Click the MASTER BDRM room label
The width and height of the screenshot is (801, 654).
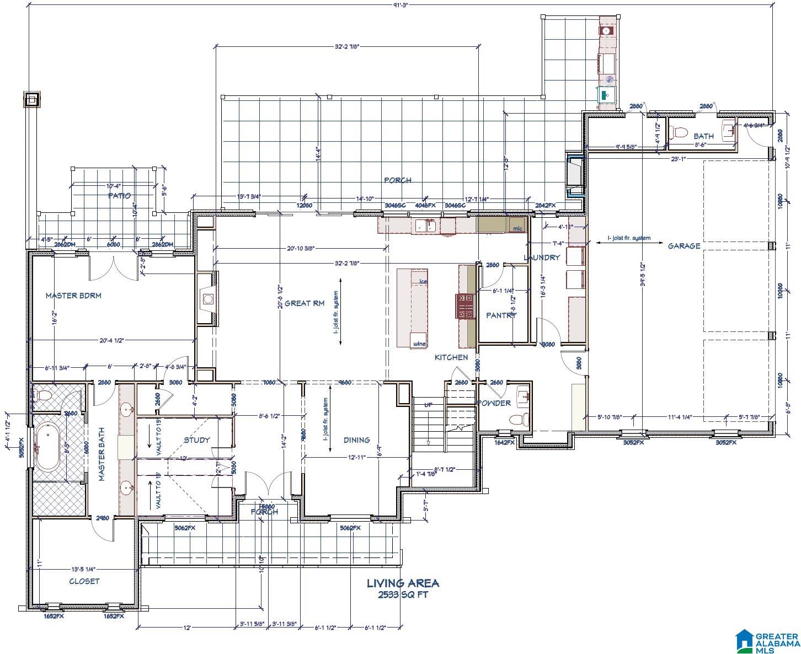tap(73, 296)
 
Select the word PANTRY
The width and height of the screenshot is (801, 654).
tap(501, 315)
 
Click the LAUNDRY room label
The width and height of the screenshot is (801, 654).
tap(542, 258)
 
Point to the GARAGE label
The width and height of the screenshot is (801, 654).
tap(684, 246)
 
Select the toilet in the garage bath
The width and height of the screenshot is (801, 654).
tap(680, 132)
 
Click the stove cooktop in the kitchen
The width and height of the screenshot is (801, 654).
tap(464, 306)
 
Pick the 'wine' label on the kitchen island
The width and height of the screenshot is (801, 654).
tap(419, 344)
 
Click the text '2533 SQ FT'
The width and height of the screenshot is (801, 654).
tap(403, 595)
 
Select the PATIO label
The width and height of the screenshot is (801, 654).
tap(119, 195)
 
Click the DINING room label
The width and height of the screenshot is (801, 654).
tap(357, 439)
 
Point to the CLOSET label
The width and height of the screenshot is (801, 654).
tap(84, 581)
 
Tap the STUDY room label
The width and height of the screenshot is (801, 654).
tap(197, 439)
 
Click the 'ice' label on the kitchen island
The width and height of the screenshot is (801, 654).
tap(423, 281)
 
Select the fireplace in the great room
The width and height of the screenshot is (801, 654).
tap(207, 299)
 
